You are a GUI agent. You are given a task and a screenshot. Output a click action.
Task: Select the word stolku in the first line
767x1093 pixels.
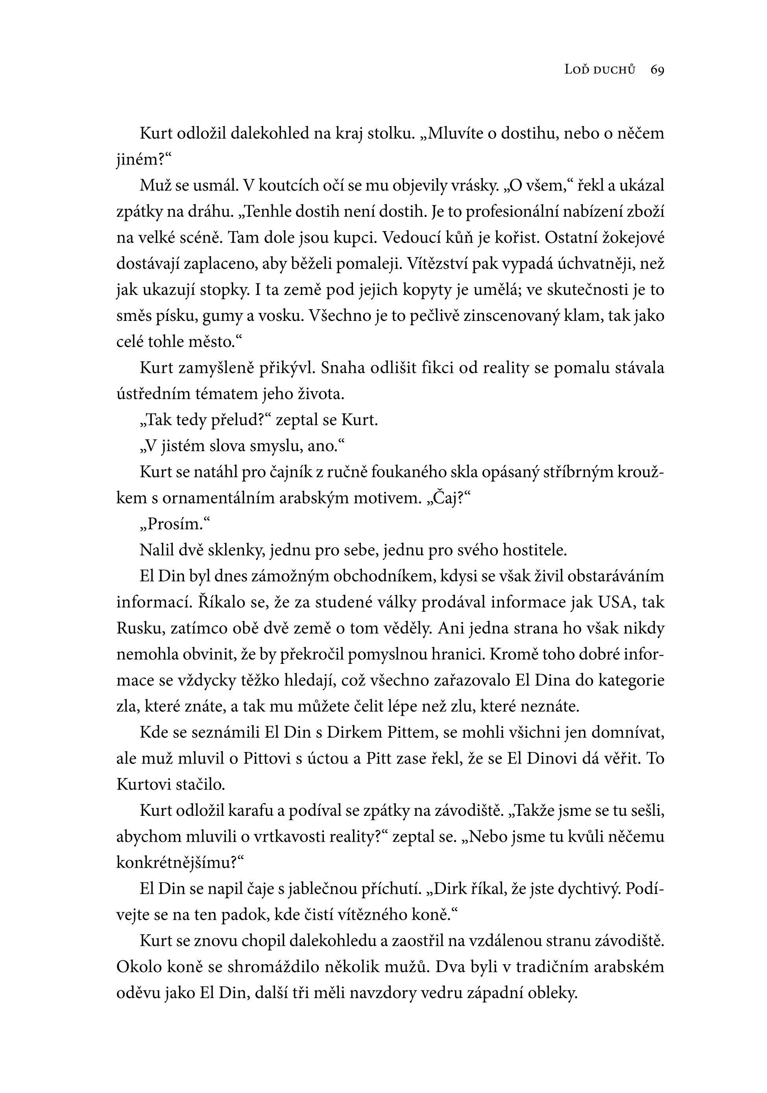pos(389,134)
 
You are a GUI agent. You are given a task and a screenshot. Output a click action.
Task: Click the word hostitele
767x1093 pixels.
pos(535,551)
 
